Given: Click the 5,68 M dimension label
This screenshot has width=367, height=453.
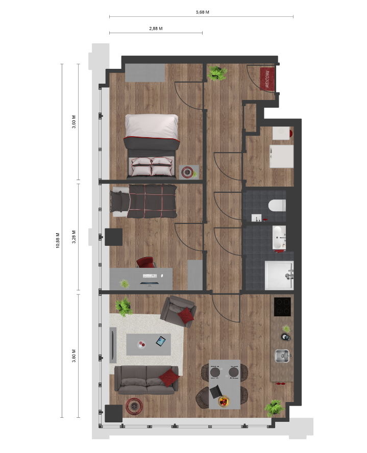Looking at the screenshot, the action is (202, 12).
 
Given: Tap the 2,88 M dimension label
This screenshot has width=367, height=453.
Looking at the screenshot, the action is (156, 29).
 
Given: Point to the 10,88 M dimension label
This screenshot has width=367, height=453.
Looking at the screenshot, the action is (58, 240).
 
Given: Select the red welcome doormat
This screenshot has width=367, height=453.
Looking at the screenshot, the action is (267, 79).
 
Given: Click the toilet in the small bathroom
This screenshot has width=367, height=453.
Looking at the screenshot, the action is (277, 206).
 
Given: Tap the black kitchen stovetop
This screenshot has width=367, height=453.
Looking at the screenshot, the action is (282, 307).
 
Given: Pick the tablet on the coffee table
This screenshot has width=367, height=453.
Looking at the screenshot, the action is (161, 341).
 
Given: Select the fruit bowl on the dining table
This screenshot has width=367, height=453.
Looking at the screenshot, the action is (224, 401).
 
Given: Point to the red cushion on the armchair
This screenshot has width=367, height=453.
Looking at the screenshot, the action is (186, 315).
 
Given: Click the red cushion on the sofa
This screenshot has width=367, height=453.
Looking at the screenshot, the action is (169, 377).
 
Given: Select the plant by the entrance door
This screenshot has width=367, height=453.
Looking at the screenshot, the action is (217, 73).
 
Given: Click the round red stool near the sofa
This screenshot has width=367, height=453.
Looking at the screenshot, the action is (134, 407).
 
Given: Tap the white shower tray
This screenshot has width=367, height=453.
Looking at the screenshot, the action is (279, 275).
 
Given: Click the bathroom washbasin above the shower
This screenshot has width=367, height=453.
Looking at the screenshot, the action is (279, 238).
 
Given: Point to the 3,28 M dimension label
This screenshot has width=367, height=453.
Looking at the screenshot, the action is (74, 237).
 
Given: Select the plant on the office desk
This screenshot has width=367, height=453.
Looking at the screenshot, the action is (124, 284).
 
